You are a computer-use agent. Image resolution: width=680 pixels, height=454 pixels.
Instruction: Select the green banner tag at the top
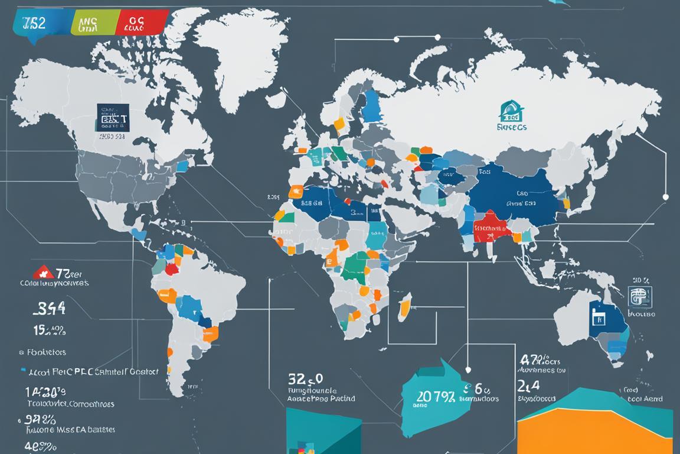[86, 22]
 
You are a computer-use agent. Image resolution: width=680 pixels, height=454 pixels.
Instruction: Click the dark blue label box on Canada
[113, 117]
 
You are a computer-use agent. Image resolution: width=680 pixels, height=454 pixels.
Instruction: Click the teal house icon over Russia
[511, 111]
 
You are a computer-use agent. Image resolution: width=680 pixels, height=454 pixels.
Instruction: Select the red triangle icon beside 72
[42, 273]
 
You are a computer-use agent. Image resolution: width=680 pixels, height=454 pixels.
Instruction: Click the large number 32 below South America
[297, 379]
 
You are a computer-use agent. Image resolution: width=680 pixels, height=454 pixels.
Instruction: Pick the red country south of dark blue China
[491, 228]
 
